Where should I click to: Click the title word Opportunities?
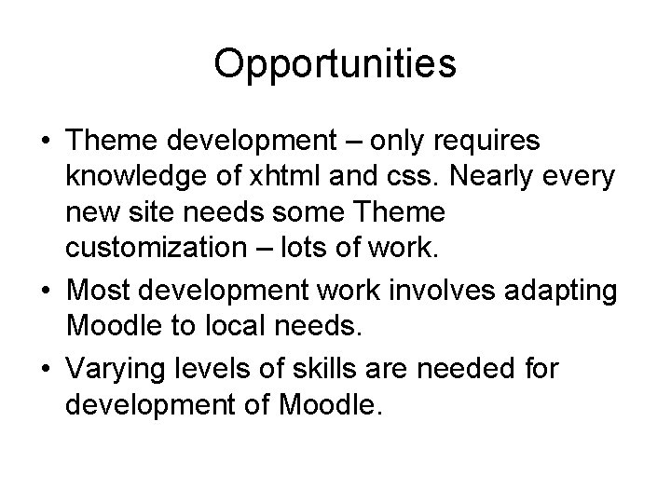335,64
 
